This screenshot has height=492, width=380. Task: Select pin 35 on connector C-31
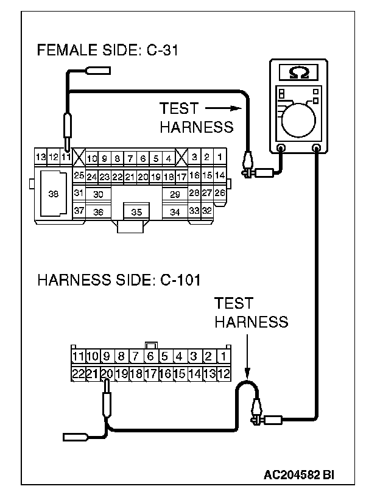point(136,212)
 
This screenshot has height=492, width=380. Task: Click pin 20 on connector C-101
point(106,373)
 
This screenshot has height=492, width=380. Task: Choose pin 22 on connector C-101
point(77,373)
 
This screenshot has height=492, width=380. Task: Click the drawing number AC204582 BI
point(300,474)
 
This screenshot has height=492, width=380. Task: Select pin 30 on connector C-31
point(98,193)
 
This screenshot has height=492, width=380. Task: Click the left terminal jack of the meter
point(281,148)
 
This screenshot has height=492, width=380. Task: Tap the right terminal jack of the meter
point(316,148)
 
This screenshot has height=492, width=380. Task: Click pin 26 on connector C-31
point(219,193)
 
